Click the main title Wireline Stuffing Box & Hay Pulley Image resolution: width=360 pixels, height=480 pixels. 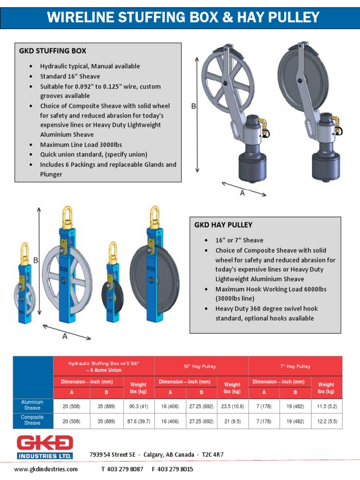(x=183, y=18)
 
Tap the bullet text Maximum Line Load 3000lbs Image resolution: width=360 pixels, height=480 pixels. (x=81, y=144)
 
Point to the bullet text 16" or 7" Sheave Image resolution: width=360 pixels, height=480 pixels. (x=239, y=240)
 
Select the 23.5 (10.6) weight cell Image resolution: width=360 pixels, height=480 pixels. (x=232, y=405)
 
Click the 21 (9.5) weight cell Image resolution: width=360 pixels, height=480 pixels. (x=232, y=421)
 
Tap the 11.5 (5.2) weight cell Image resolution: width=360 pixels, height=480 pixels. (x=326, y=405)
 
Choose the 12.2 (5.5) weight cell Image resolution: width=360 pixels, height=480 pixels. (x=326, y=421)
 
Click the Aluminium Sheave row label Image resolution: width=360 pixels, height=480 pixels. (x=32, y=405)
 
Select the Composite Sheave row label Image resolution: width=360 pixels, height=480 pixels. (x=32, y=420)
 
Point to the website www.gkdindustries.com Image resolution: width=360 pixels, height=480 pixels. (x=46, y=469)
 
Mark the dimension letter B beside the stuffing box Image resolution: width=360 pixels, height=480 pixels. (x=193, y=106)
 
